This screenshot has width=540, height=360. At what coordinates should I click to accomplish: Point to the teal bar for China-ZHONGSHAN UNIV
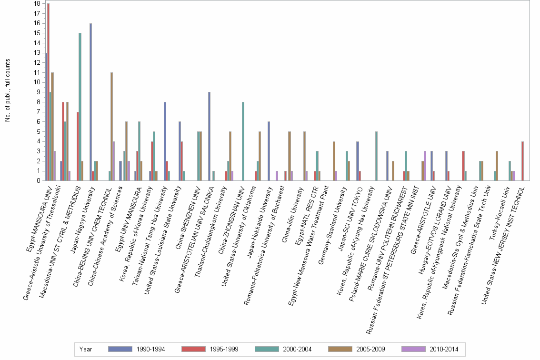[x=243, y=141]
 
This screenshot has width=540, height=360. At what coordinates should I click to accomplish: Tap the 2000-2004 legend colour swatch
[x=269, y=350]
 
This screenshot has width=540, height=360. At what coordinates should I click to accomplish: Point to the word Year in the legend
[x=86, y=350]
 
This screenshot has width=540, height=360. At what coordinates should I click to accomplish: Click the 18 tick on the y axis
[x=37, y=3]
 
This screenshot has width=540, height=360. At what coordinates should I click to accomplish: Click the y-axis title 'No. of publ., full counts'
[x=8, y=90]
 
